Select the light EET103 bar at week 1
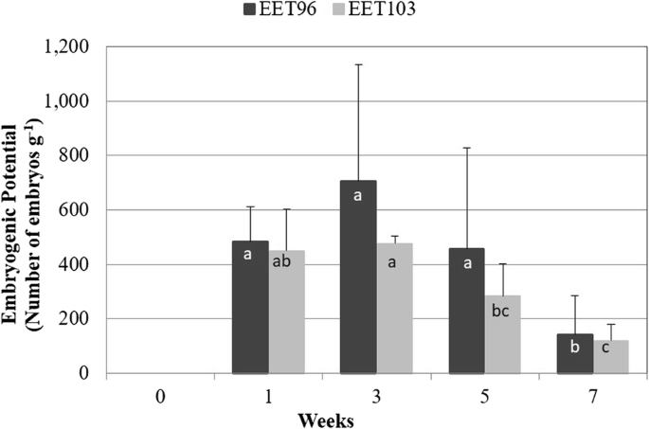coord(286,312)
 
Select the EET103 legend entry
coord(376,11)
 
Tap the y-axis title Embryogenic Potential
coord(18,210)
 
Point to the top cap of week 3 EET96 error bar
coord(358,64)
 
